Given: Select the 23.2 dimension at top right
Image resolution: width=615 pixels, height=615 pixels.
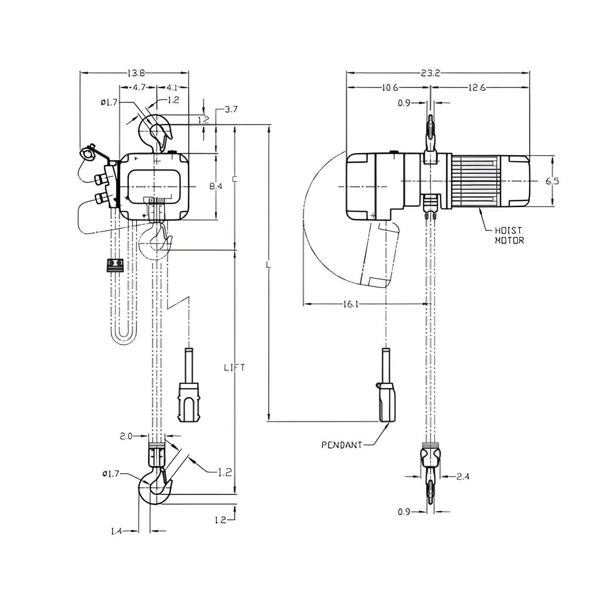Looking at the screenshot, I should pyautogui.click(x=430, y=73).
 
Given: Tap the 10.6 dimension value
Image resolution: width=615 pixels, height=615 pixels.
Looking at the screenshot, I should pyautogui.click(x=389, y=88).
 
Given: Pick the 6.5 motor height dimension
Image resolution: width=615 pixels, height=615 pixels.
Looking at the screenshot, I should pyautogui.click(x=552, y=181).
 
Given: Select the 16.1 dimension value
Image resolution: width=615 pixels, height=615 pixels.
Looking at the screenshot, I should pyautogui.click(x=351, y=304).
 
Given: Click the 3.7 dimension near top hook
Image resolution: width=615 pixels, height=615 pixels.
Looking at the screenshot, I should pyautogui.click(x=231, y=109).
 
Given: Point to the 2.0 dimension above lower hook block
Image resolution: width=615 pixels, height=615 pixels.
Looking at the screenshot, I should pyautogui.click(x=126, y=436).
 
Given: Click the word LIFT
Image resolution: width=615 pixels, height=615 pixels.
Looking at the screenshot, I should pyautogui.click(x=235, y=367).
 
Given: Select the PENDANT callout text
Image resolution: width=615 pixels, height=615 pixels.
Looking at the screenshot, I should pyautogui.click(x=342, y=445).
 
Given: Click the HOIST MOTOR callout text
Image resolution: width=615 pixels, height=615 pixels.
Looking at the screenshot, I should pyautogui.click(x=509, y=235).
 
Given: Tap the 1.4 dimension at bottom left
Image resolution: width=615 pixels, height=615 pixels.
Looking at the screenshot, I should pyautogui.click(x=116, y=531).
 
